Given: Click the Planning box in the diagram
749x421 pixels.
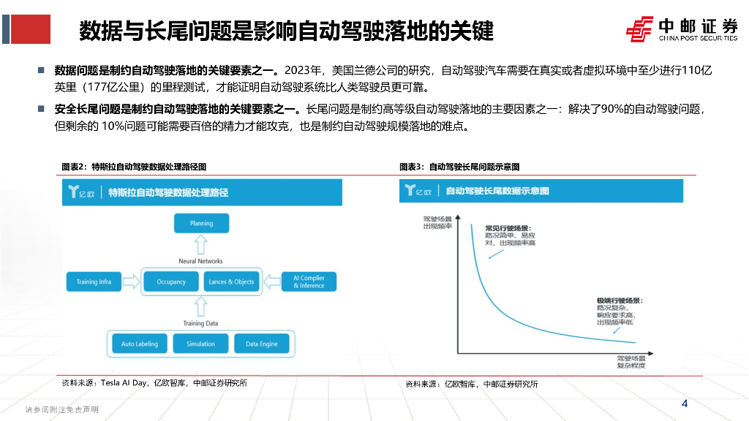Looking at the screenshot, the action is point(201,223).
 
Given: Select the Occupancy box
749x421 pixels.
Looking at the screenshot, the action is point(171,281).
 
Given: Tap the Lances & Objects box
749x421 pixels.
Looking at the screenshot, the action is point(231,281).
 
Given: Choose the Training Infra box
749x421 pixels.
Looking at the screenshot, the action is point(94,281).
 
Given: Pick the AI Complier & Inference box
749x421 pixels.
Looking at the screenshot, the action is point(309,281).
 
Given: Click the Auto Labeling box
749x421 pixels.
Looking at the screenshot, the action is point(139,344).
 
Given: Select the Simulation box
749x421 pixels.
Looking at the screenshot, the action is point(200,344).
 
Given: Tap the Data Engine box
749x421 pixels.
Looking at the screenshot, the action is point(261,344).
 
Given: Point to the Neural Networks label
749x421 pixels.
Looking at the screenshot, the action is point(200,261).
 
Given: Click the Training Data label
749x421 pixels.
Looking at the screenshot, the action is point(200,322).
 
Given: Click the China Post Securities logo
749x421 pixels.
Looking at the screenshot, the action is point(681,29).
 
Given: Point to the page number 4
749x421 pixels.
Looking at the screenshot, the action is point(685,404).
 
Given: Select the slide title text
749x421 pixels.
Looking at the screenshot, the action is point(286,31).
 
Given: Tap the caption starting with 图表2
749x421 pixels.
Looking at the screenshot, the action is point(134,167).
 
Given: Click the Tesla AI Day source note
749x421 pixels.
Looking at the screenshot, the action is point(154,382).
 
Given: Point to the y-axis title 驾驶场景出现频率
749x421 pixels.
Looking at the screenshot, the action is point(437,222).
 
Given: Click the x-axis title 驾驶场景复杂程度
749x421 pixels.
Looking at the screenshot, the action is point(631,363).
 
